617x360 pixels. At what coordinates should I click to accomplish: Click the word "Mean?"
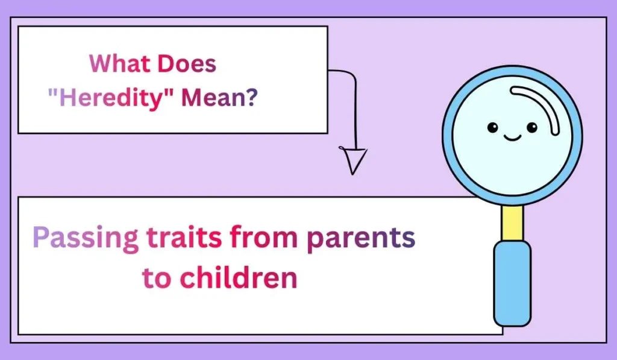[220, 98]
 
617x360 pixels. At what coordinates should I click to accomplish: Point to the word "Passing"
[86, 238]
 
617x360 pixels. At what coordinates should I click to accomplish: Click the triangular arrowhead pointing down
[354, 160]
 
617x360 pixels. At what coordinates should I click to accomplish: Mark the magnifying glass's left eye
[493, 127]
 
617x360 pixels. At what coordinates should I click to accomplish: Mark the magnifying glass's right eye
[531, 127]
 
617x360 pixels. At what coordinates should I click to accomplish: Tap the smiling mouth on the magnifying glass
[512, 138]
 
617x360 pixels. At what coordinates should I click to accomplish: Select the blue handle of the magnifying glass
[512, 283]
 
